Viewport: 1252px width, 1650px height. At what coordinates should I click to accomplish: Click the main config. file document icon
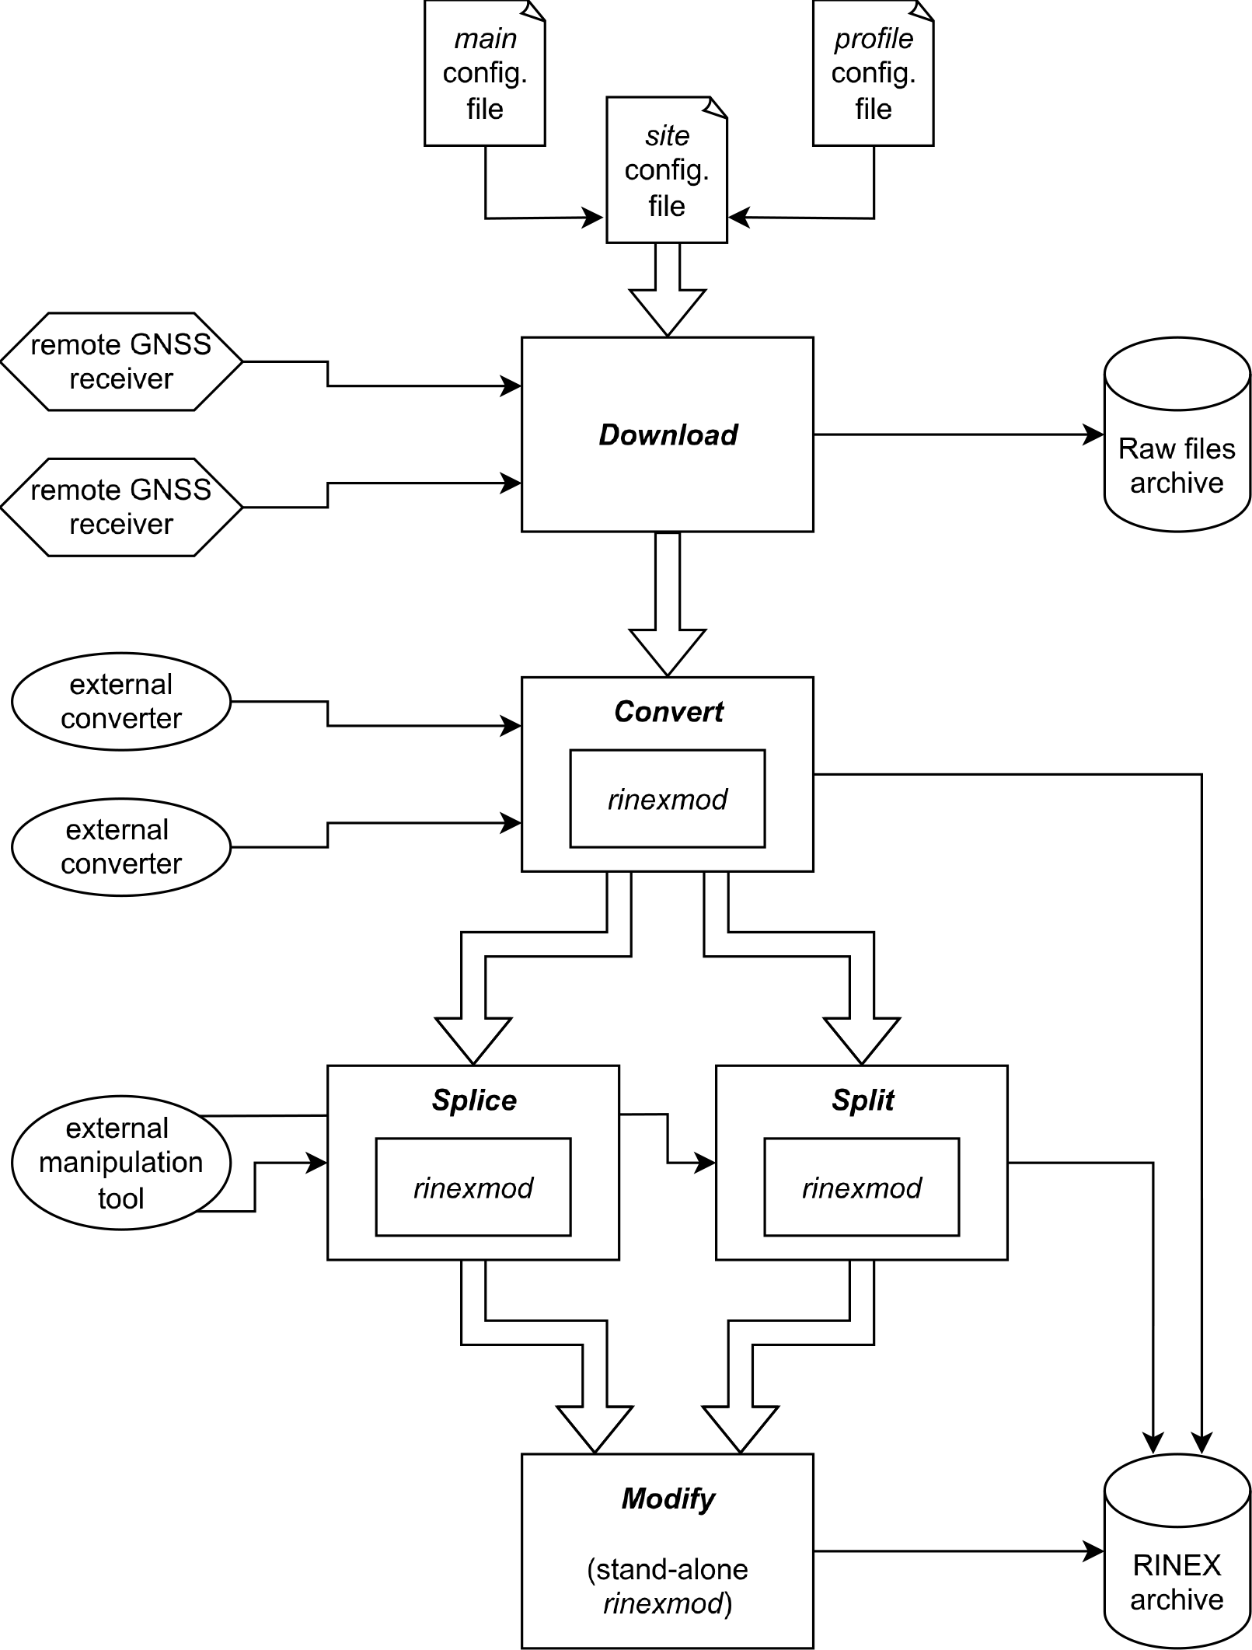tap(484, 74)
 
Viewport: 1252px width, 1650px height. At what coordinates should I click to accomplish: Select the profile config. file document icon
tap(873, 74)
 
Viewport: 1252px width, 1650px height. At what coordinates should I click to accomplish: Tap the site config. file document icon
tap(667, 170)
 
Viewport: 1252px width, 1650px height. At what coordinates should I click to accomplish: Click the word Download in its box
tap(668, 435)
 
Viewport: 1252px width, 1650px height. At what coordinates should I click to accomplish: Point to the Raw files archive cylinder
tap(1177, 435)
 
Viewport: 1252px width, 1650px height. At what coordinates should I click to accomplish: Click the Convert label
tap(668, 712)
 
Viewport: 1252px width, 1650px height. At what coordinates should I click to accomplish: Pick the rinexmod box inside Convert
tap(668, 799)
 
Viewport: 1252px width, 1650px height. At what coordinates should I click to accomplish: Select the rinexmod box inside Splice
tap(473, 1188)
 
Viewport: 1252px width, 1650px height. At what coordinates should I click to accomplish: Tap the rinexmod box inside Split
tap(862, 1188)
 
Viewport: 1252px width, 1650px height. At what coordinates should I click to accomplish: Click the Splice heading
tap(473, 1101)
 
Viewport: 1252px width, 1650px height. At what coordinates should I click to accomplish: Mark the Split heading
tap(862, 1101)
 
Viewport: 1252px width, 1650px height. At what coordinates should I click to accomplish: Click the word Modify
tap(668, 1498)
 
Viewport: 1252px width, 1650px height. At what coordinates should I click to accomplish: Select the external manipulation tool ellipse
tap(121, 1163)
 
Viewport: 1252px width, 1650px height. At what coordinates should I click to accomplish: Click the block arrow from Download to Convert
tap(668, 606)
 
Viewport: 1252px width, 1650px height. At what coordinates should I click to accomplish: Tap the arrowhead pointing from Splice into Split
tap(706, 1163)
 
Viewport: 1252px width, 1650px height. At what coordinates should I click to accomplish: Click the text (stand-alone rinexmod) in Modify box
tap(668, 1586)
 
